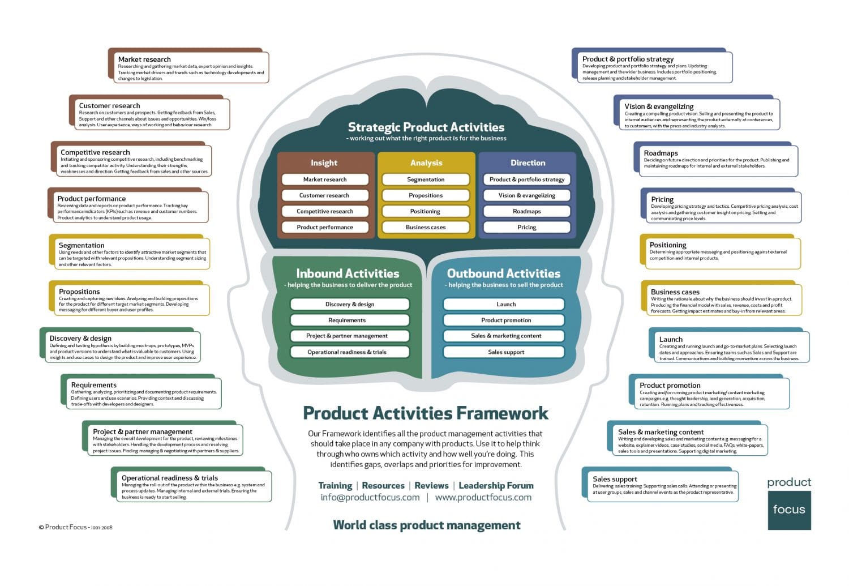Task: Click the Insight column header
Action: tap(324, 163)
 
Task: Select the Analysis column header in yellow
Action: tap(426, 163)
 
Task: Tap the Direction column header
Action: tap(528, 163)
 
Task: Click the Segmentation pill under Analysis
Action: tap(426, 179)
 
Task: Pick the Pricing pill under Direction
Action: tap(526, 227)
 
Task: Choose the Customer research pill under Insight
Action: tap(324, 195)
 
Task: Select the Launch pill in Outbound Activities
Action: tap(505, 304)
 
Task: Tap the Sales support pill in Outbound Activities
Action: tap(505, 352)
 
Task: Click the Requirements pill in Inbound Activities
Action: tap(347, 320)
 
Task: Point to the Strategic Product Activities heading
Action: tap(426, 127)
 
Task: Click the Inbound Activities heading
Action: tap(348, 273)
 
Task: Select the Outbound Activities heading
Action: tap(503, 273)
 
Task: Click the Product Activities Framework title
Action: tap(426, 413)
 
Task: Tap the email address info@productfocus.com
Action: tap(370, 498)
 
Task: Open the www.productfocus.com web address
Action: tap(483, 498)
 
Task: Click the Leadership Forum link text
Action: tap(496, 486)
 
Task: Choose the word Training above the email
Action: tap(335, 486)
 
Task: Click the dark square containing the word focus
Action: tap(789, 510)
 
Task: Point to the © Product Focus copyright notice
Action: tap(75, 527)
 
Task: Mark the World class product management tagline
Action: tap(426, 525)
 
